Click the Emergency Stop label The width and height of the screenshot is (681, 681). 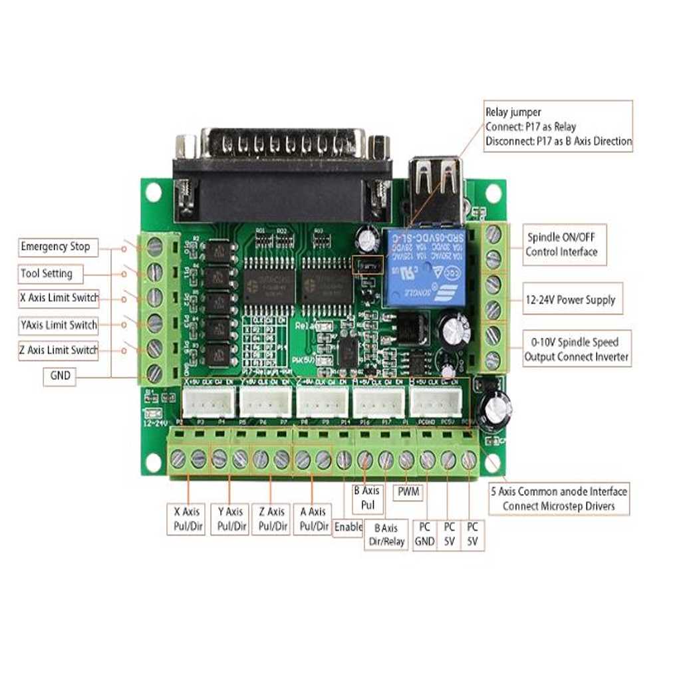point(55,247)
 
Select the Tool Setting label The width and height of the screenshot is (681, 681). point(47,273)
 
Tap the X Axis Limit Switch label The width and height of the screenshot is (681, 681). point(59,298)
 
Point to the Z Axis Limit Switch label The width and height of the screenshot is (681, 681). point(59,350)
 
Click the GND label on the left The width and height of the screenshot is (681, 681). point(60,376)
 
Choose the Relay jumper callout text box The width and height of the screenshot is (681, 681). point(558,126)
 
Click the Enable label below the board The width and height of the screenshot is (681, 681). point(348,527)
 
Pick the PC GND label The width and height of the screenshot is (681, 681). point(424,534)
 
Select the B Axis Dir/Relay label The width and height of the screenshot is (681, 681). point(386,535)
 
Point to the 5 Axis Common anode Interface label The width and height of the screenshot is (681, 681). point(559,499)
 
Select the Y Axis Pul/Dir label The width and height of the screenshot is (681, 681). point(230,519)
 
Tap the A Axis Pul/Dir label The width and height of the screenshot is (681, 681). point(313,519)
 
